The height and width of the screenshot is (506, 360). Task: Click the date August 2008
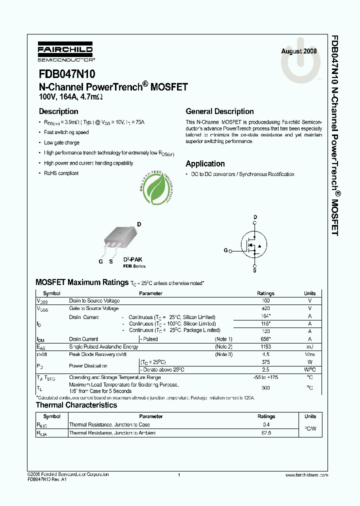(298, 51)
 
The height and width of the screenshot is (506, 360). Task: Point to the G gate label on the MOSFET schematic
(225, 250)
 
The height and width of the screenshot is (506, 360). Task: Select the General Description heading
(219, 111)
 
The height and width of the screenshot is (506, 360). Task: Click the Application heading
(205, 163)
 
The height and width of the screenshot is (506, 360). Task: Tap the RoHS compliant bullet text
(61, 173)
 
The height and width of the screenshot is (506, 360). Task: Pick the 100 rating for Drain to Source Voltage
(265, 301)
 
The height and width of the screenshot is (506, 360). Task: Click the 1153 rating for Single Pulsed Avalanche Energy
(265, 346)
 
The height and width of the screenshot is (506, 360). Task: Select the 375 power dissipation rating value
(265, 362)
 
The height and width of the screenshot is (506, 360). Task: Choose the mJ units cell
(310, 346)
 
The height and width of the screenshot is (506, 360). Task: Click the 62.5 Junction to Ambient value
(266, 433)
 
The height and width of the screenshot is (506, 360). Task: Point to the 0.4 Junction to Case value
(266, 424)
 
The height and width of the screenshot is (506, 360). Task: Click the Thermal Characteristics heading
(76, 405)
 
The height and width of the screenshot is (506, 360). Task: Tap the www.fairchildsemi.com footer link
(306, 474)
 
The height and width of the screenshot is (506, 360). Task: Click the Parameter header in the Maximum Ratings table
(150, 293)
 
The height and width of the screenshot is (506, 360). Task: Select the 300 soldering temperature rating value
(265, 387)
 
